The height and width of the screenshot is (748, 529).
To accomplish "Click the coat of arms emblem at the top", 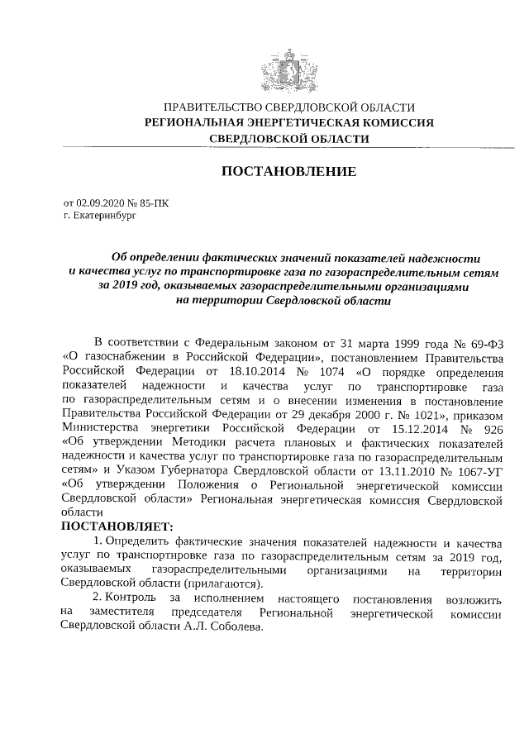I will (288, 72).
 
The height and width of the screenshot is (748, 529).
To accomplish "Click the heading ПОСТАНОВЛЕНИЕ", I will (288, 172).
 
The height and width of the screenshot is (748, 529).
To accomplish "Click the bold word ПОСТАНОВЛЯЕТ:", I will (117, 526).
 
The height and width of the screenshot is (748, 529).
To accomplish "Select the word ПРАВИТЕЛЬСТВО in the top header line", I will (212, 107).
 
